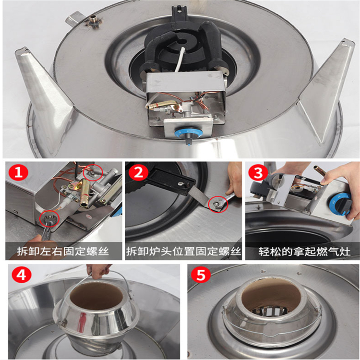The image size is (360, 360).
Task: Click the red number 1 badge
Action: click(x=18, y=172)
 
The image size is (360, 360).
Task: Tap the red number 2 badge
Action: click(x=138, y=172)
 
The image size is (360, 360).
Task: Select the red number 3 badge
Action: click(x=258, y=172)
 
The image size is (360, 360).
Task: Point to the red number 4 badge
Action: click(x=21, y=275)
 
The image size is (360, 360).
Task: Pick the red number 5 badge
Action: click(x=201, y=275)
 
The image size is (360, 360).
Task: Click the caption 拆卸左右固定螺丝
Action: click(x=63, y=252)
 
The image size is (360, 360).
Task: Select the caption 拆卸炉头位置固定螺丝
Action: click(x=183, y=252)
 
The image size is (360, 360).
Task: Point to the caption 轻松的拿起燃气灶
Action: click(x=304, y=252)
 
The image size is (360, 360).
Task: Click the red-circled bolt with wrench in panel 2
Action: click(x=218, y=203)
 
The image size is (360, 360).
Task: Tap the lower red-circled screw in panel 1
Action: click(x=49, y=219)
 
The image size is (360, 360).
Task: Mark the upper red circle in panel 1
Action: click(x=93, y=172)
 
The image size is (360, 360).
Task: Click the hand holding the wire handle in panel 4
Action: click(x=99, y=270)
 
